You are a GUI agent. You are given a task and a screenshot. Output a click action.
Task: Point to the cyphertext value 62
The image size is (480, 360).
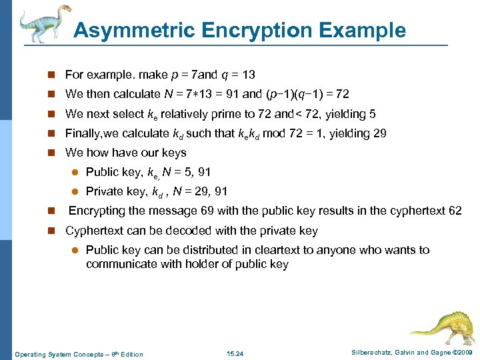click(x=455, y=211)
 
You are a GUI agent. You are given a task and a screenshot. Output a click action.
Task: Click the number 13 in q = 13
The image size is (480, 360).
click(x=248, y=74)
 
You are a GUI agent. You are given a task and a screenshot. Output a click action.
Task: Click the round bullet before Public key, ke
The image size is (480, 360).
click(x=75, y=173)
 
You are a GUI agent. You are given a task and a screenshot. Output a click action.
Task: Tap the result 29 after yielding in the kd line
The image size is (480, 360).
click(x=379, y=133)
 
